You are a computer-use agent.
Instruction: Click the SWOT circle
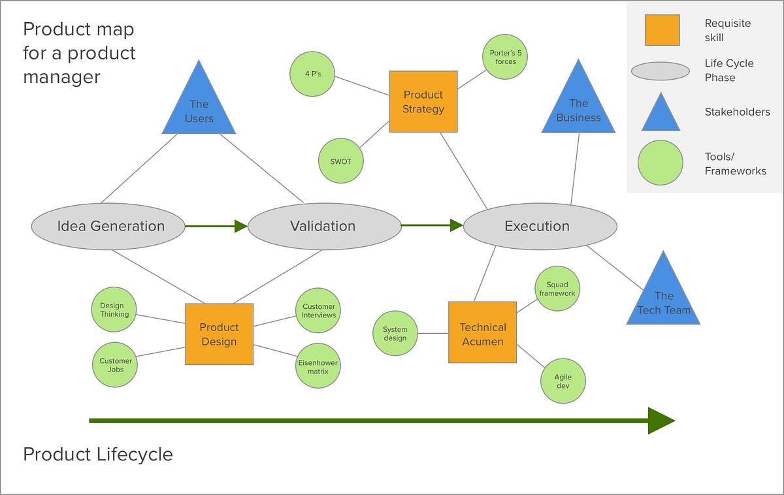pyautogui.click(x=340, y=161)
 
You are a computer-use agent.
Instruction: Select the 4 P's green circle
pyautogui.click(x=312, y=73)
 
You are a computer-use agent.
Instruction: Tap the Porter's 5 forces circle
pyautogui.click(x=505, y=57)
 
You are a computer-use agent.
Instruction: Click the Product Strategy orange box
pyautogui.click(x=423, y=102)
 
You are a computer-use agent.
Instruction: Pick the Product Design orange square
pyautogui.click(x=219, y=334)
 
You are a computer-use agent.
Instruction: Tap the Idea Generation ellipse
pyautogui.click(x=108, y=227)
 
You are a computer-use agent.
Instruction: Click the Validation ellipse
pyautogui.click(x=324, y=227)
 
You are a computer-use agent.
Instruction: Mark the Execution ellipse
pyautogui.click(x=540, y=227)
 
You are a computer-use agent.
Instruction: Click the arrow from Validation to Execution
pyautogui.click(x=432, y=226)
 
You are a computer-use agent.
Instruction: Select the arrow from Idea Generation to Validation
pyautogui.click(x=216, y=226)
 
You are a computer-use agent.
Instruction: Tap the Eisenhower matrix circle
pyautogui.click(x=318, y=366)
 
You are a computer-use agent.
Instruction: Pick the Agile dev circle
pyautogui.click(x=563, y=381)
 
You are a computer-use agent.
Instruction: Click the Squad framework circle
pyautogui.click(x=557, y=289)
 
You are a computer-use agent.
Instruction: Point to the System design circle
pyautogui.click(x=395, y=334)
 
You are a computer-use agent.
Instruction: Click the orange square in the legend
pyautogui.click(x=662, y=30)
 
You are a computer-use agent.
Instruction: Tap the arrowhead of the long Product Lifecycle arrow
pyautogui.click(x=661, y=421)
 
